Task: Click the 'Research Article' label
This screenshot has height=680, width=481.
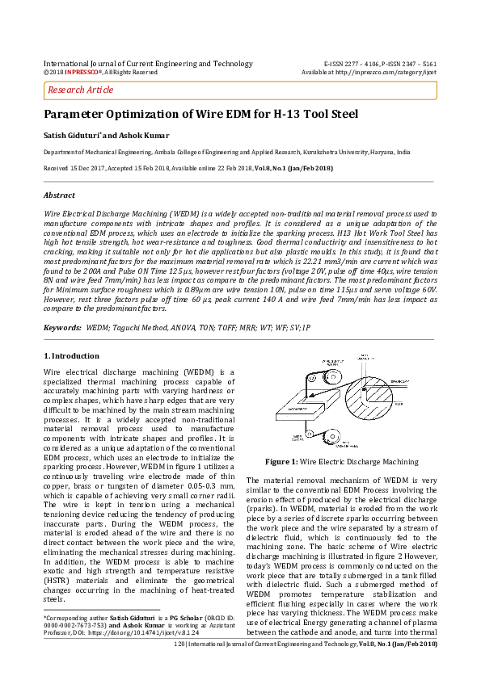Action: point(79,90)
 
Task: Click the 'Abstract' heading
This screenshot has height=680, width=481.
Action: point(59,195)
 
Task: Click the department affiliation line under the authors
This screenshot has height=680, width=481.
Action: point(238,152)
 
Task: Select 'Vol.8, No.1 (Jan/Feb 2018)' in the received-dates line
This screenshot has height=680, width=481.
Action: point(291,168)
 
